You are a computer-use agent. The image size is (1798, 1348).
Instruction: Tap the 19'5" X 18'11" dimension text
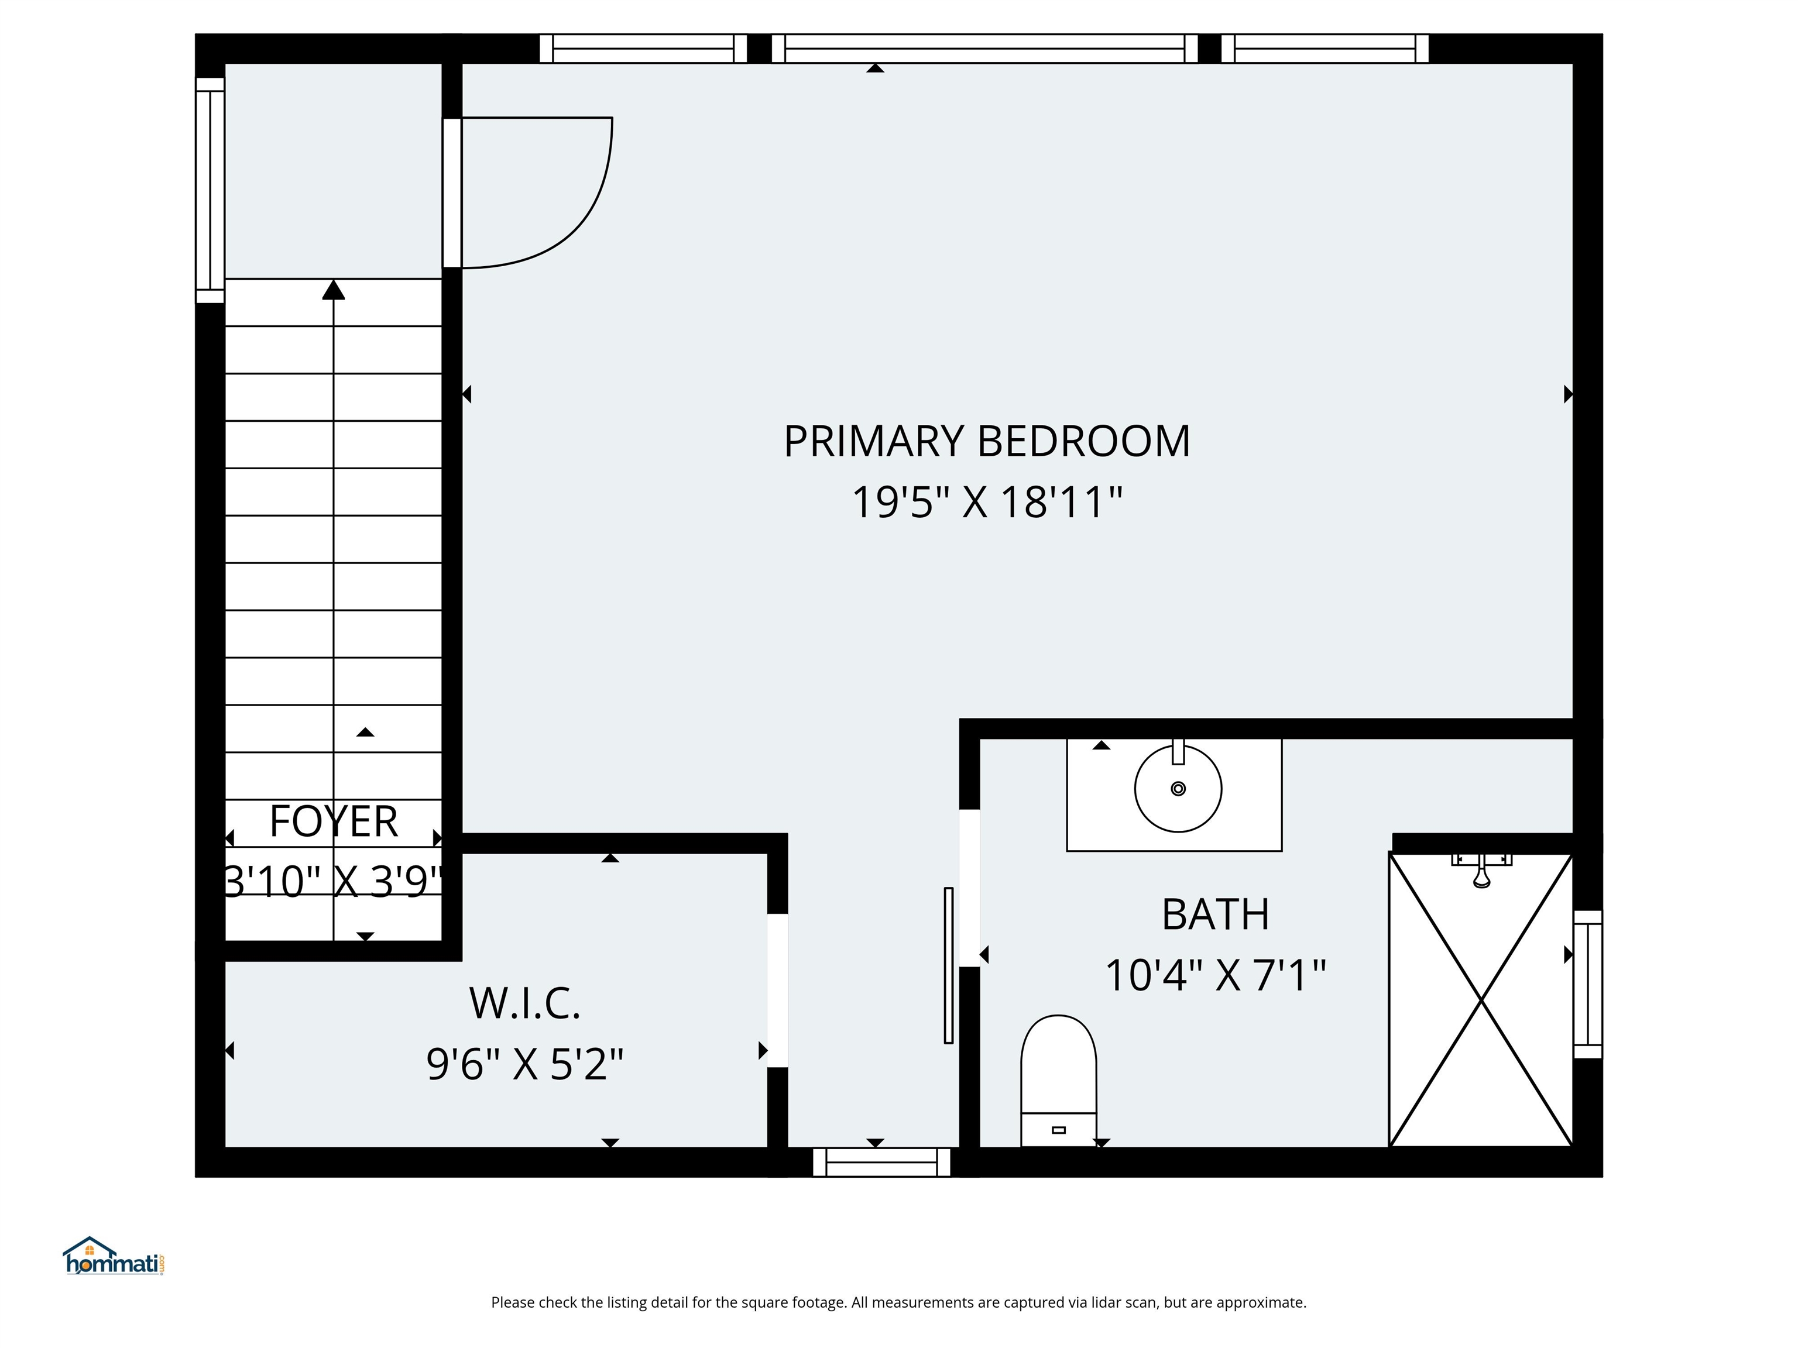[x=986, y=502]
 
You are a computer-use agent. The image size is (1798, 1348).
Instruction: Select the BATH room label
[x=1214, y=915]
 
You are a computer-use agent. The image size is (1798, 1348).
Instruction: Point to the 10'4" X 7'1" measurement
[x=1214, y=975]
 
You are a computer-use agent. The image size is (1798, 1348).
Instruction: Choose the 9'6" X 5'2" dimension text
[x=524, y=1064]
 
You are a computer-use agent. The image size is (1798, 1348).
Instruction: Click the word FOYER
[x=333, y=821]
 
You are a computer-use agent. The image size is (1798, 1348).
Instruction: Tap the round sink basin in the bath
[x=1178, y=788]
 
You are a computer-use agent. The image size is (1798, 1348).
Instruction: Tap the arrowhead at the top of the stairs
[x=333, y=290]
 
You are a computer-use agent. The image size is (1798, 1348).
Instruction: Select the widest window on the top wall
[x=984, y=48]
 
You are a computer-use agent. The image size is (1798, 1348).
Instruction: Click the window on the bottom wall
[x=881, y=1163]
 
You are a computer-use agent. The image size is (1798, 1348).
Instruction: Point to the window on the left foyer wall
[x=210, y=190]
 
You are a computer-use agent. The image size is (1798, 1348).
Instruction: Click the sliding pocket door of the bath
[x=948, y=965]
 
